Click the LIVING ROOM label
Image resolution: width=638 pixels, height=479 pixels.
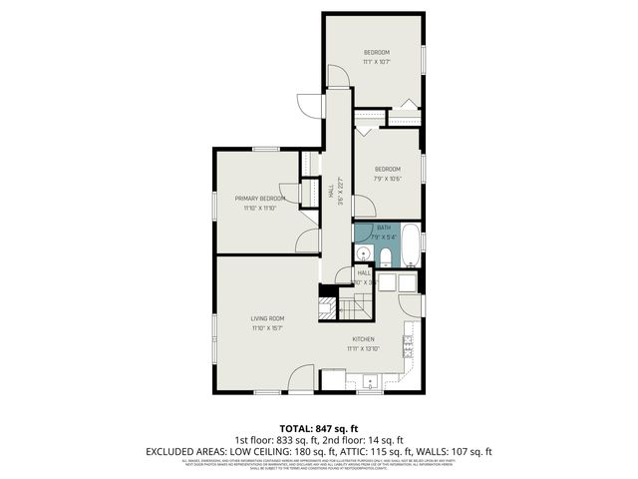267,318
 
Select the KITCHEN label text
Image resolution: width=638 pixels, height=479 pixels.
363,339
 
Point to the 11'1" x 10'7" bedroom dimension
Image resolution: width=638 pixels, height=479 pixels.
376,61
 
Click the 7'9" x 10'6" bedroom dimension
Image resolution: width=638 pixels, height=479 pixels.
387,179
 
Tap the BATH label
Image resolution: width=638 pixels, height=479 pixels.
384,229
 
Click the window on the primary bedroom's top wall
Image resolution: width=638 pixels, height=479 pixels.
265,150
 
